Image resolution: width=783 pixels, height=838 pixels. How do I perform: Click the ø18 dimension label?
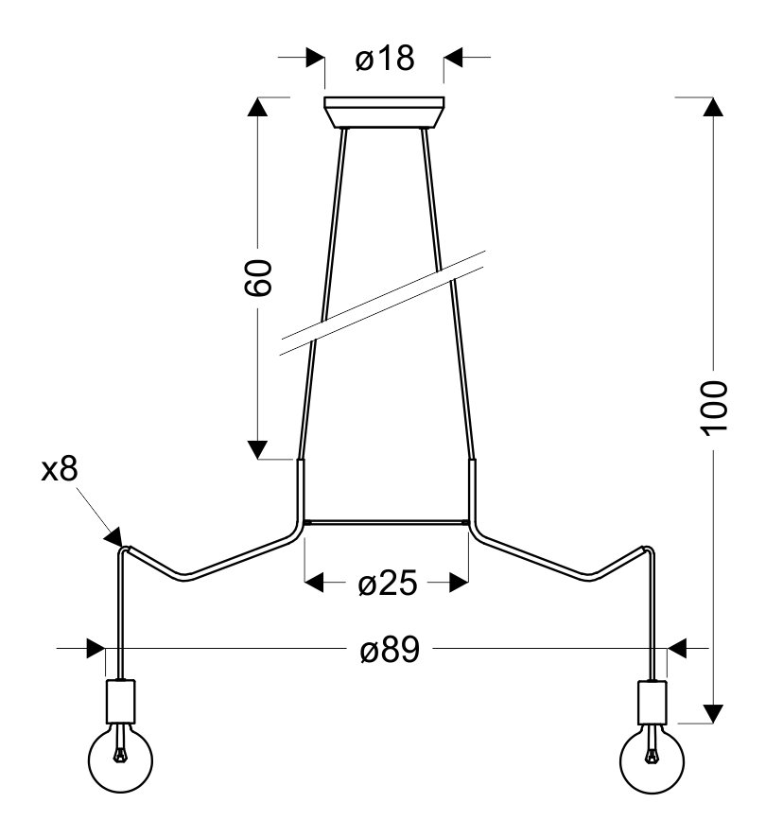[384, 58]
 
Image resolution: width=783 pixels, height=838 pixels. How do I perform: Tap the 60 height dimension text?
[258, 278]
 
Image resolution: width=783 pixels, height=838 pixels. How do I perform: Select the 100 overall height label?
[714, 409]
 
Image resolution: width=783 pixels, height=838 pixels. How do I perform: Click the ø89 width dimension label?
[391, 650]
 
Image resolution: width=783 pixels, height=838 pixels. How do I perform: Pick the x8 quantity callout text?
[60, 469]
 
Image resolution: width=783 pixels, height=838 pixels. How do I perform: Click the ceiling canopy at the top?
[384, 113]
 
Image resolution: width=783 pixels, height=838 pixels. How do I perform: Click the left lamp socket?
[121, 701]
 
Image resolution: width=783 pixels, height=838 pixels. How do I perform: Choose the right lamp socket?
[652, 701]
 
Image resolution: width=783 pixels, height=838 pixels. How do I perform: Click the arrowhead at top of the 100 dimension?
[713, 106]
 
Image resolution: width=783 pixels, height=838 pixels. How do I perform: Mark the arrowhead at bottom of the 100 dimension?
[713, 713]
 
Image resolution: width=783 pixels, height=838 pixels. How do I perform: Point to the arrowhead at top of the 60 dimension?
[257, 106]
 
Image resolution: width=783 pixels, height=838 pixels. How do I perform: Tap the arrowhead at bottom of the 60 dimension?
[257, 450]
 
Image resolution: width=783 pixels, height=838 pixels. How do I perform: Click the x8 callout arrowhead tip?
[122, 546]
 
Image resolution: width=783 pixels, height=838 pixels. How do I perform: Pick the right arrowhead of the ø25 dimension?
[459, 583]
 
